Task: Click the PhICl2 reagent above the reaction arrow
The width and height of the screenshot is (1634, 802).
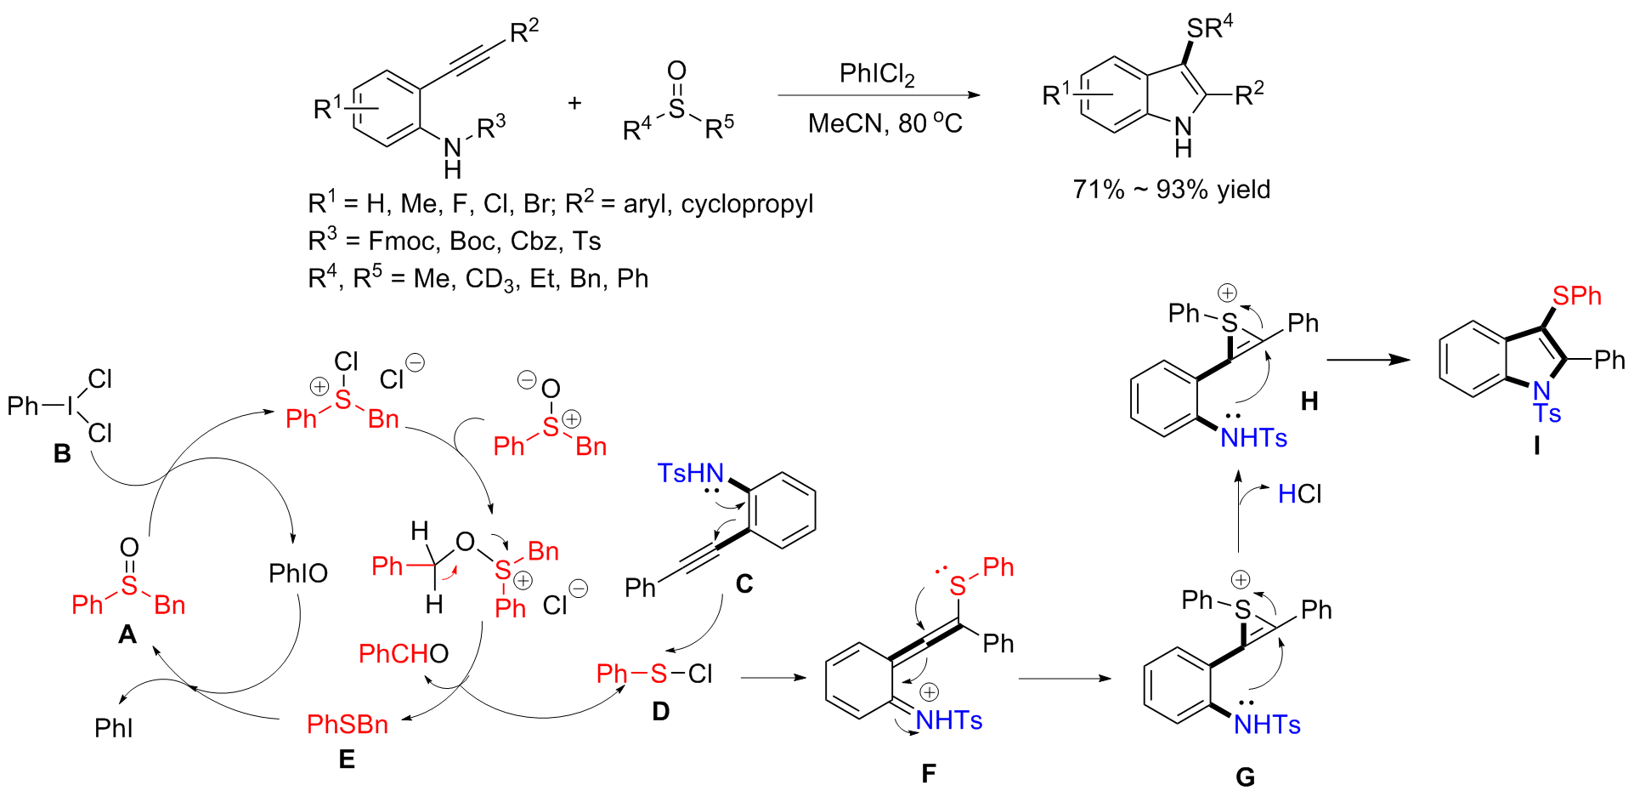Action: (x=876, y=76)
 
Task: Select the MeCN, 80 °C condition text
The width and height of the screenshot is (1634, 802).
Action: (x=885, y=124)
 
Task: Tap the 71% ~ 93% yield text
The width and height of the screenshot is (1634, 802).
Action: (x=1171, y=189)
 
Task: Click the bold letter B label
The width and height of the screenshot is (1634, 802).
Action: (x=62, y=454)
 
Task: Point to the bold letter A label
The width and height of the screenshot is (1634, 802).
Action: (x=127, y=635)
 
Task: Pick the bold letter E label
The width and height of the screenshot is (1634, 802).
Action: (x=347, y=759)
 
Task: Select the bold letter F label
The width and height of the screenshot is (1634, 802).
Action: (x=928, y=773)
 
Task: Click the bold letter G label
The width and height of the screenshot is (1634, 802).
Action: (x=1245, y=776)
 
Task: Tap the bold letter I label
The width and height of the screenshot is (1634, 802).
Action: (x=1536, y=446)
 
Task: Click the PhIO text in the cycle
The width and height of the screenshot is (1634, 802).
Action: (x=297, y=573)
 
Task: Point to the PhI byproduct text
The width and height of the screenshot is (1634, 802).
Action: (x=114, y=728)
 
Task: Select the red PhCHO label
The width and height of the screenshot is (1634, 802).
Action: (x=403, y=653)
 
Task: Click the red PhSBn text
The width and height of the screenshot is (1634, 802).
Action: (x=347, y=725)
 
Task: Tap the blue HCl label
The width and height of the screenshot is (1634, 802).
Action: (x=1299, y=494)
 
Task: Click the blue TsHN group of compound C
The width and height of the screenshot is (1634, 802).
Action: (x=690, y=473)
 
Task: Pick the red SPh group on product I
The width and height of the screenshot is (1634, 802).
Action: (x=1576, y=296)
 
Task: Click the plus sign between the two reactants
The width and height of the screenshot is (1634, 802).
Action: (x=575, y=104)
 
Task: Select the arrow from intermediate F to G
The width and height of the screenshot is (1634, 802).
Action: (x=1064, y=679)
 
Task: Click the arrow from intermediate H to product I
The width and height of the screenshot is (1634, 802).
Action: (x=1368, y=359)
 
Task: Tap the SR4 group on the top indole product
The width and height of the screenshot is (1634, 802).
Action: (x=1209, y=27)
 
